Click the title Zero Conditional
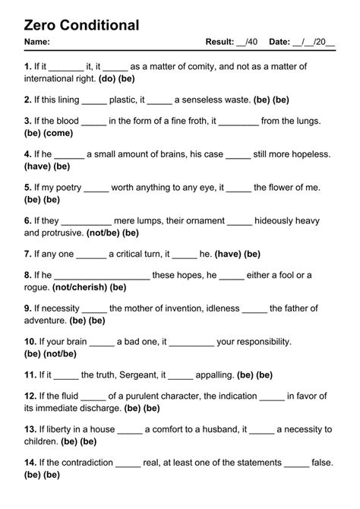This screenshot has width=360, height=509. (x=82, y=25)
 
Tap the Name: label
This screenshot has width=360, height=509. (x=37, y=42)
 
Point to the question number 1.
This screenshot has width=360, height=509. (x=27, y=67)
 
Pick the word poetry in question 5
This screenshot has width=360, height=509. (x=67, y=187)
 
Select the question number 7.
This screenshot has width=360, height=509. (x=27, y=254)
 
